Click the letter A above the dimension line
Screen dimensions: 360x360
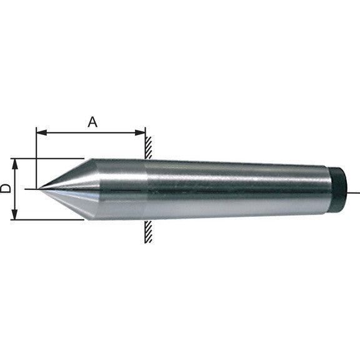[92, 122]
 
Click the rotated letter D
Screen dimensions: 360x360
[6, 188]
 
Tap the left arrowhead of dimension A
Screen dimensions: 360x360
[42, 132]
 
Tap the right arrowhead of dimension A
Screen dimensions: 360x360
[140, 132]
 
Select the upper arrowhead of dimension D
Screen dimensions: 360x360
[15, 164]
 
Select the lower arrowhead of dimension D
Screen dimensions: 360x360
[15, 214]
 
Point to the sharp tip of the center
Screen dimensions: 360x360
[38, 189]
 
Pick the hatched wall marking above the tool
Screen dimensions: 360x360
[148, 147]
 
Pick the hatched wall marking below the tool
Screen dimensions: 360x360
[148, 231]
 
